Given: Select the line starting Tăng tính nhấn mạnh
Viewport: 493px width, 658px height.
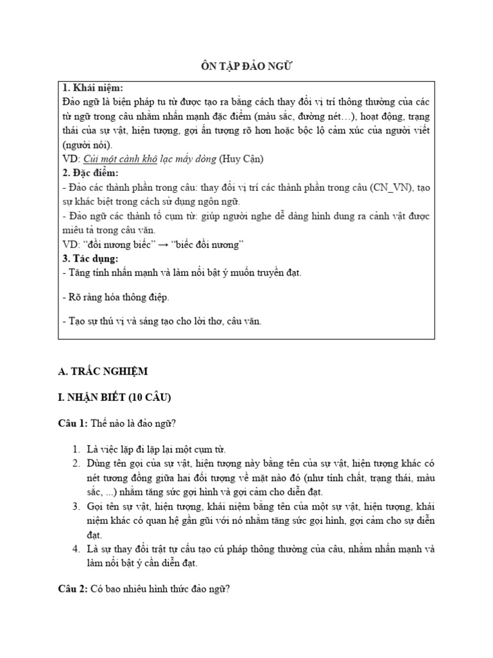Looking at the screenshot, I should [182, 272].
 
